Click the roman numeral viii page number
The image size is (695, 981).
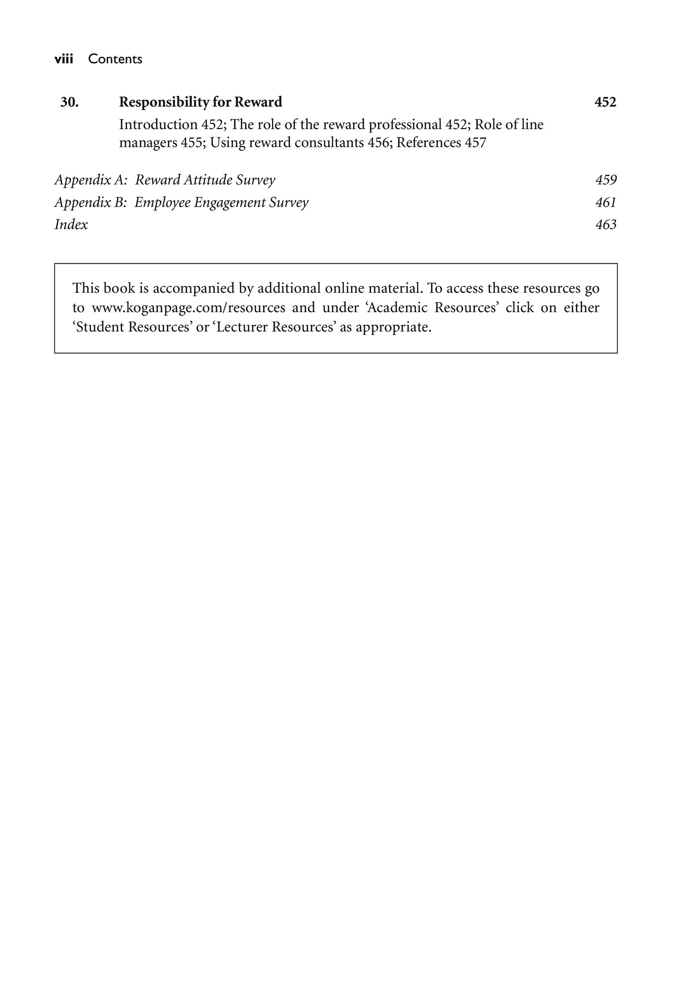point(64,59)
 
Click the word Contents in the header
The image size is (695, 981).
point(115,59)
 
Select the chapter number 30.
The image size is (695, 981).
point(69,102)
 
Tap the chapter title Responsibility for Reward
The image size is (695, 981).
point(201,102)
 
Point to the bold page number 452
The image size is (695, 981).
point(605,102)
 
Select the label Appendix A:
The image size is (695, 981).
point(91,180)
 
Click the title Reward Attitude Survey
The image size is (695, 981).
point(205,180)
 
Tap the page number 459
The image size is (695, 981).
point(606,180)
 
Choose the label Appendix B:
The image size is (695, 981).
point(91,203)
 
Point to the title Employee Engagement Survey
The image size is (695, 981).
point(221,203)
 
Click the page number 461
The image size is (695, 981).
point(606,203)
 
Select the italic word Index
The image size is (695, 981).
point(71,225)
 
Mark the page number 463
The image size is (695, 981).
point(606,225)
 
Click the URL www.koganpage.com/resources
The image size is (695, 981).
point(188,308)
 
